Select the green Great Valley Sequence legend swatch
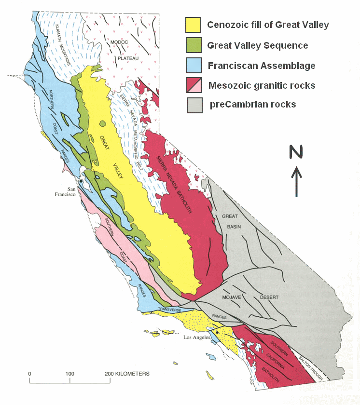pyautogui.click(x=193, y=45)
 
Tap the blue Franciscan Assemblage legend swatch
pyautogui.click(x=193, y=66)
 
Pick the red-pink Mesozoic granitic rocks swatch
pyautogui.click(x=193, y=85)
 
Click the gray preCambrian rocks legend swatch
pyautogui.click(x=193, y=105)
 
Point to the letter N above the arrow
pyautogui.click(x=296, y=152)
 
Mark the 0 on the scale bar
pyautogui.click(x=30, y=374)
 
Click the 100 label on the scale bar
pyautogui.click(x=70, y=374)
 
